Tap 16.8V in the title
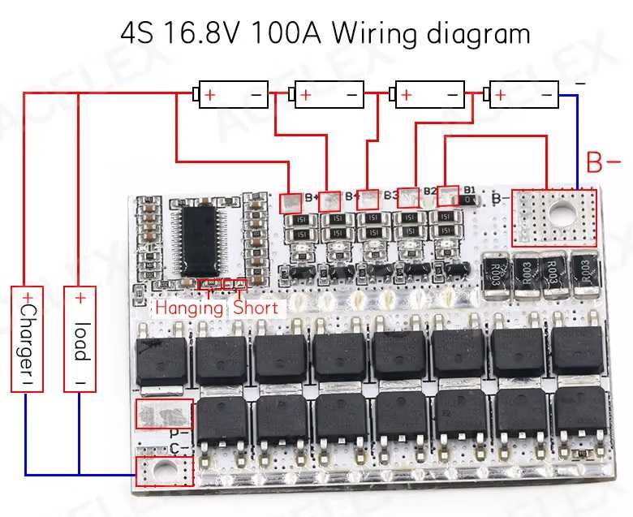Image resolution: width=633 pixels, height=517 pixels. click(209, 34)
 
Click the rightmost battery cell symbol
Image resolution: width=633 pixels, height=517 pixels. click(524, 95)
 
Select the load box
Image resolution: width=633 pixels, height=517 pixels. click(80, 339)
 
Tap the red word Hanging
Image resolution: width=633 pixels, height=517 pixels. click(189, 308)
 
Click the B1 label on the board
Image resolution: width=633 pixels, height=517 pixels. click(471, 188)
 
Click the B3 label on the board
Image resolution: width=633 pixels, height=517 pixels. click(391, 195)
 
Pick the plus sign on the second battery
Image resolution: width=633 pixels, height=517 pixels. click(305, 96)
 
